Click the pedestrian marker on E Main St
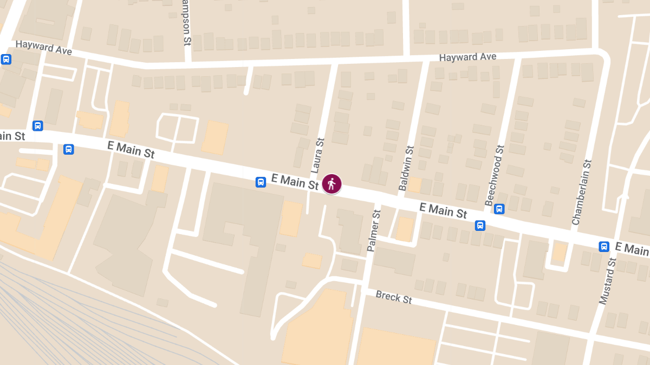click(331, 184)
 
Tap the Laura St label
click(317, 156)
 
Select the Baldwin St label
click(406, 168)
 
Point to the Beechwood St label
click(495, 175)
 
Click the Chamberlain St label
click(582, 192)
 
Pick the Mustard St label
click(609, 281)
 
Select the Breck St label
click(394, 297)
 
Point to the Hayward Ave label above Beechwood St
click(467, 57)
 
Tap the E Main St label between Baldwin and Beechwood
click(443, 210)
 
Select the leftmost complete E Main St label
click(131, 149)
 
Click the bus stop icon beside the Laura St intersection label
click(261, 182)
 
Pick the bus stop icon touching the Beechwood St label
click(499, 208)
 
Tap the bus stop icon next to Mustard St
click(604, 247)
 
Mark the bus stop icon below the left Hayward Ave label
click(6, 59)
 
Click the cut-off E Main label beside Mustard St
click(632, 249)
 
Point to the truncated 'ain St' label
click(12, 136)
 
